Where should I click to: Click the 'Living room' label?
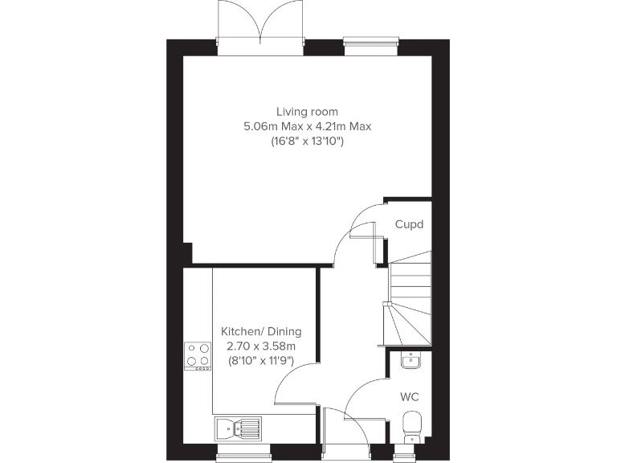[307, 112]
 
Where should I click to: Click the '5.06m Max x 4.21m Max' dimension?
[307, 127]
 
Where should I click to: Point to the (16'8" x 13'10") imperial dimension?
[307, 142]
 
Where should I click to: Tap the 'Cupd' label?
[408, 225]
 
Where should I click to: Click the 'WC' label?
[409, 397]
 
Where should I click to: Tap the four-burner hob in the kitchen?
[198, 354]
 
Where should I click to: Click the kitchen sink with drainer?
[238, 428]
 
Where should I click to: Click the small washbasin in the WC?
[410, 360]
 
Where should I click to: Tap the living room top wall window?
[370, 43]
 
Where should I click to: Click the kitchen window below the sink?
[240, 455]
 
